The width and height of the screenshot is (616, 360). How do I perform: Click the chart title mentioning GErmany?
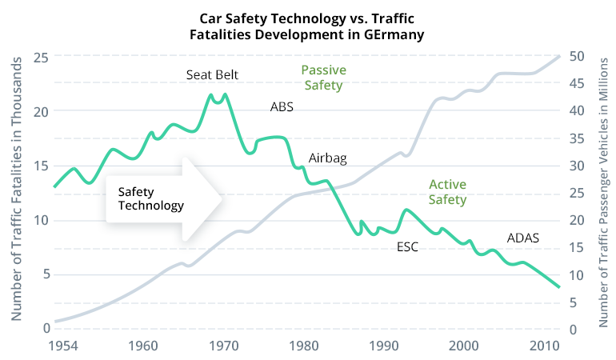pyautogui.click(x=307, y=27)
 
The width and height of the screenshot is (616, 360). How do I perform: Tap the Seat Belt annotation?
pyautogui.click(x=212, y=75)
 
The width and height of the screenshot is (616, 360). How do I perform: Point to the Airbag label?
pyautogui.click(x=327, y=158)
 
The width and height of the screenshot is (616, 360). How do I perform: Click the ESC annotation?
pyautogui.click(x=408, y=246)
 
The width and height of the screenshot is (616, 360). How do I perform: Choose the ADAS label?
pyautogui.click(x=523, y=238)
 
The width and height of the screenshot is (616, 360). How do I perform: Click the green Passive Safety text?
pyautogui.click(x=322, y=78)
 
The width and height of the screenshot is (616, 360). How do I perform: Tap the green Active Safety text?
pyautogui.click(x=447, y=192)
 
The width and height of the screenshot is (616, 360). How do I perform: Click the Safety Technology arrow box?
pyautogui.click(x=164, y=198)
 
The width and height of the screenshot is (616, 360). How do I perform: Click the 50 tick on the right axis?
pyautogui.click(x=574, y=57)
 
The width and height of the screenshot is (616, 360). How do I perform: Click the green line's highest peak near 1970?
pyautogui.click(x=225, y=94)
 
